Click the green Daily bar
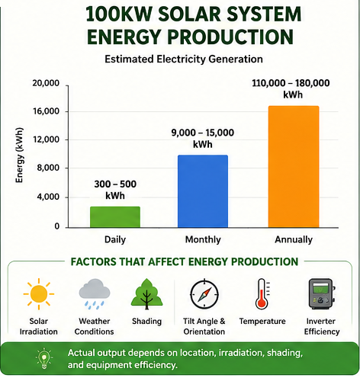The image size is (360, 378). tap(115, 217)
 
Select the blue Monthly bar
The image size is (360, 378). tap(203, 191)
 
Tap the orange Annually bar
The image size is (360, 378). tap(294, 167)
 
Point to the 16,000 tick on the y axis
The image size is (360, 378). tap(67, 111)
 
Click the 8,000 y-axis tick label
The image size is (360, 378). tap(48, 168)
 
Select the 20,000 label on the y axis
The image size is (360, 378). tap(46, 83)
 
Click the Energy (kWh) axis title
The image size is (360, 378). tap(19, 155)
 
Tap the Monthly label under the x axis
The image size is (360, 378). tap(203, 239)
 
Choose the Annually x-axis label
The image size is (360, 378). tap(294, 239)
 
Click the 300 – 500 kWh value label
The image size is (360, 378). tap(115, 190)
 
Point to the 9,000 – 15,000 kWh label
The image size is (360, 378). tap(203, 139)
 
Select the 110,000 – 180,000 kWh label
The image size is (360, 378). tap(291, 89)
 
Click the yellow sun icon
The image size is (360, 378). tap(39, 294)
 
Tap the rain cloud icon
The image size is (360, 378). tap(95, 294)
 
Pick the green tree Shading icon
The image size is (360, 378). tap(146, 294)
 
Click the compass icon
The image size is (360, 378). tap(204, 294)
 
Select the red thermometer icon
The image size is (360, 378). tap(262, 294)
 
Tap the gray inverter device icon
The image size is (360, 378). tap(321, 294)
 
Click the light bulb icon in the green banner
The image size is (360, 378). tap(44, 358)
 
